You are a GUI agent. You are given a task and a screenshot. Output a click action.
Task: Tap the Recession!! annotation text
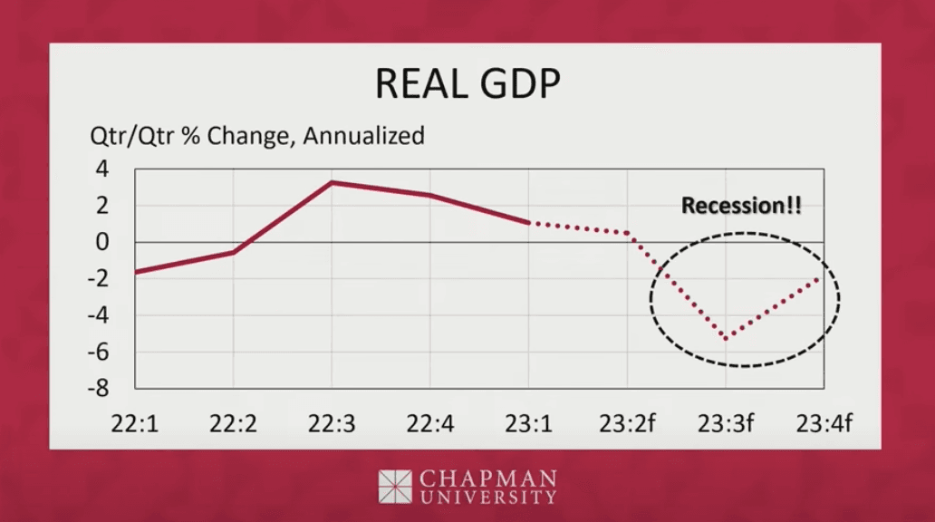[x=741, y=206]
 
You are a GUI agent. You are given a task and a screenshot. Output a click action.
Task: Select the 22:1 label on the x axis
[x=135, y=423]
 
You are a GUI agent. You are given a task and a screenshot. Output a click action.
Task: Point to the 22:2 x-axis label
[x=233, y=423]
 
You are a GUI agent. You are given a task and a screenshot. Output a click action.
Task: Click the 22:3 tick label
[x=332, y=423]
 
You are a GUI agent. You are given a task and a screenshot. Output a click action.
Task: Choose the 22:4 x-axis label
[x=430, y=423]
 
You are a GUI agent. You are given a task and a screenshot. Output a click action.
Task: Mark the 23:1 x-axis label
[x=529, y=423]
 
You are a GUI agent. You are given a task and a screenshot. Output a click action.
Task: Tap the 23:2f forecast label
[x=627, y=423]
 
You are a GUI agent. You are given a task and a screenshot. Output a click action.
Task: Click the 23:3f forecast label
[x=726, y=423]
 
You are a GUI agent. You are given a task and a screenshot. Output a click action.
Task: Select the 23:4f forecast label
[x=824, y=423]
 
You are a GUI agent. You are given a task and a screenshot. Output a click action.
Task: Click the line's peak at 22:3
[x=332, y=182]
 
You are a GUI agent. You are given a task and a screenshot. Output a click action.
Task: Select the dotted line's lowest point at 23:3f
[x=726, y=339]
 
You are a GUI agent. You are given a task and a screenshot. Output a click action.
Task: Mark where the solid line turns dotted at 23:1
[x=529, y=222]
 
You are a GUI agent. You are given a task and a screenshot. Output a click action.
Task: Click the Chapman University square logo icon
[x=395, y=486]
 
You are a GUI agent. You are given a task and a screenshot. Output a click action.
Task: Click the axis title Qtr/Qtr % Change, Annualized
[x=256, y=136]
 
